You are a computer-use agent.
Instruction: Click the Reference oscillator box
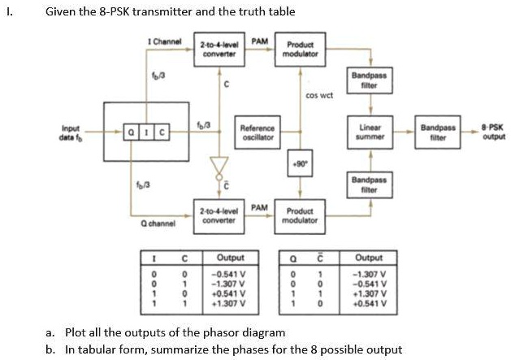coord(258,132)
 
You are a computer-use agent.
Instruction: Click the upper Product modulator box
coord(297,47)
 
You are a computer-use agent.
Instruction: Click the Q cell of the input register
coord(128,131)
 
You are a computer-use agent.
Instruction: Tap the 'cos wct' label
coord(318,94)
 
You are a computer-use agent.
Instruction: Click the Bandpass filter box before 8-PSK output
coord(438,132)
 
